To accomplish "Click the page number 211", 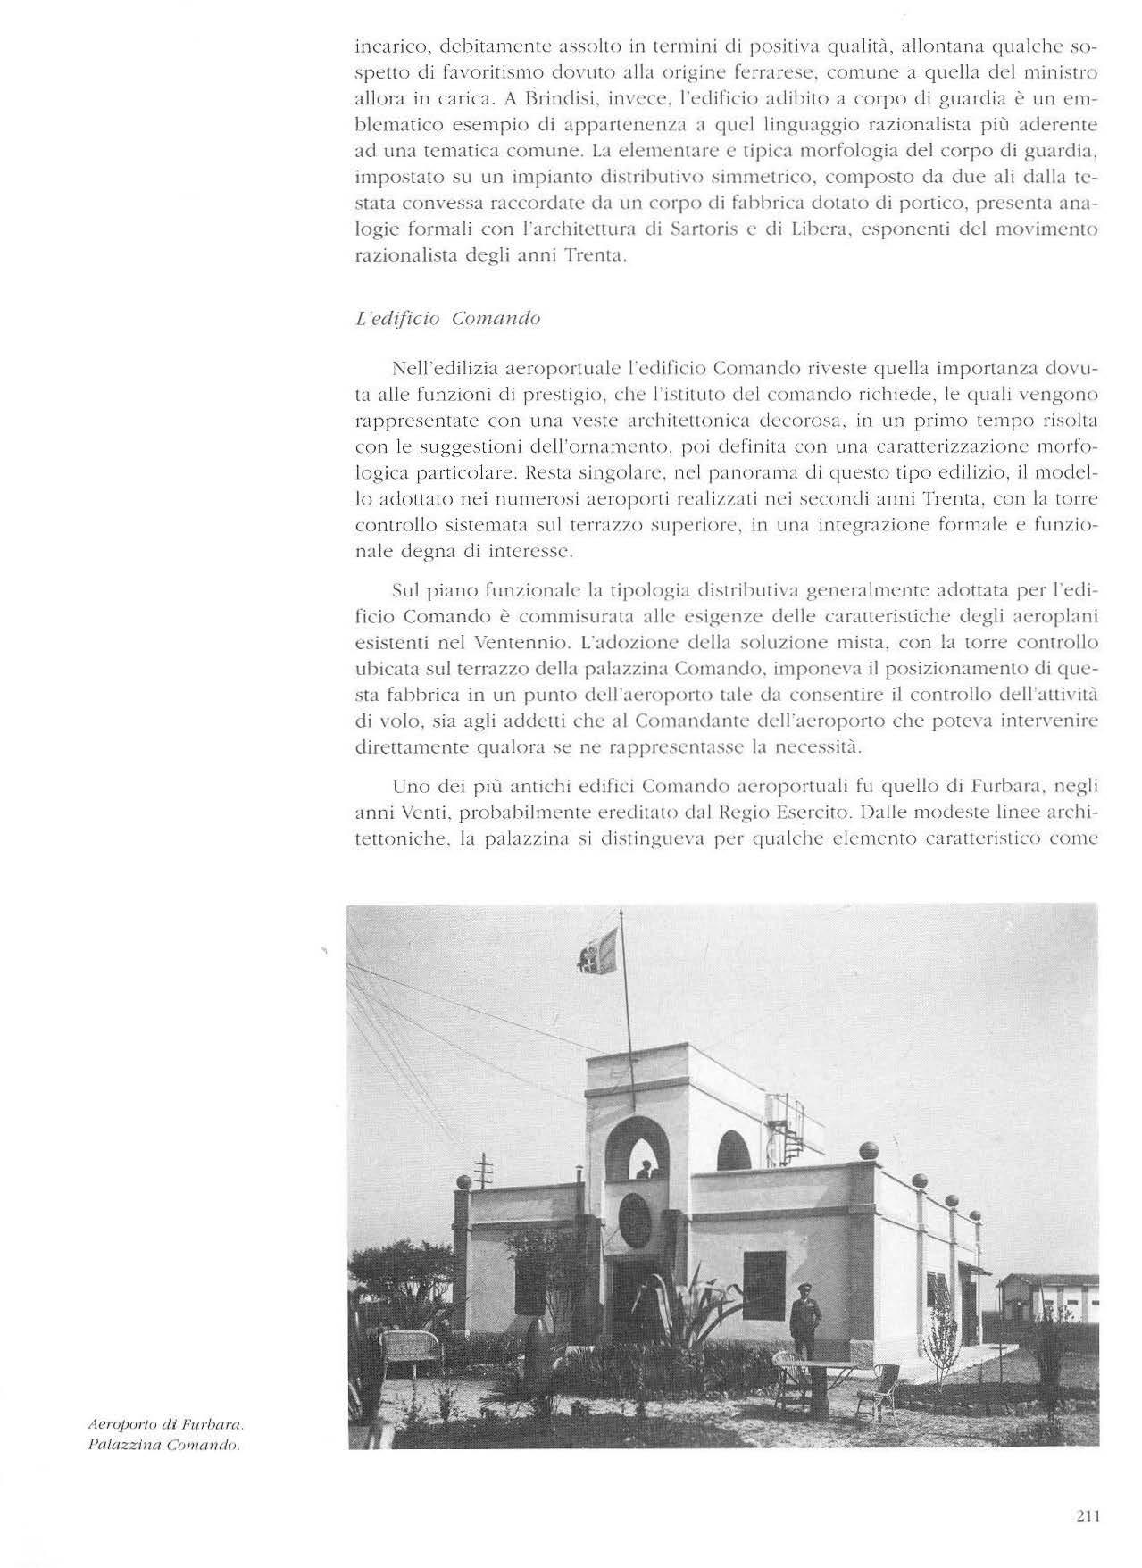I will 1087,1515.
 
